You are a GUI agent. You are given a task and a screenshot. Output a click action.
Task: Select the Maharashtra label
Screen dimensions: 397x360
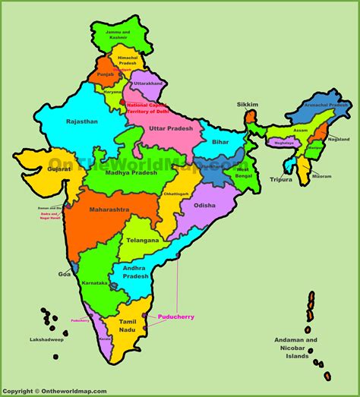[x=109, y=208]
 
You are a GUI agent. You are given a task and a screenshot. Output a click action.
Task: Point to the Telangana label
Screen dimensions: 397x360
[x=144, y=240]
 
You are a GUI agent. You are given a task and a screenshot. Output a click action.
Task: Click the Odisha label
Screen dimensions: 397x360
[x=204, y=205]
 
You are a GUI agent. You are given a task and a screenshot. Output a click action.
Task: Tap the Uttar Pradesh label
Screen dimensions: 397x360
[x=172, y=128]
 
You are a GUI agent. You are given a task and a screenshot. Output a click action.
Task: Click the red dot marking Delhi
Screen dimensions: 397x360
[x=122, y=101]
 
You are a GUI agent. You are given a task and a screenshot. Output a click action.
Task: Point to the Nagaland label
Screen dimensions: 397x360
[x=339, y=140]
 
